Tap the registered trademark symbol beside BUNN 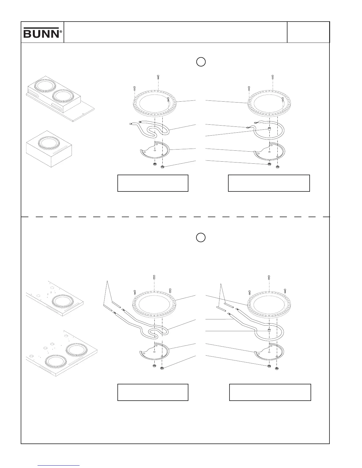(61, 31)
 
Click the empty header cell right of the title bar (308, 32)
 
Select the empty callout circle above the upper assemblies (201, 62)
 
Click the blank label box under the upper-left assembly (153, 183)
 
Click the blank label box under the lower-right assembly (270, 392)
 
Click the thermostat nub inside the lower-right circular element (269, 330)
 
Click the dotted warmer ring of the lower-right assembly (269, 304)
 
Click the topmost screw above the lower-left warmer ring (154, 277)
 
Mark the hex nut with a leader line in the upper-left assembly (162, 168)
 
